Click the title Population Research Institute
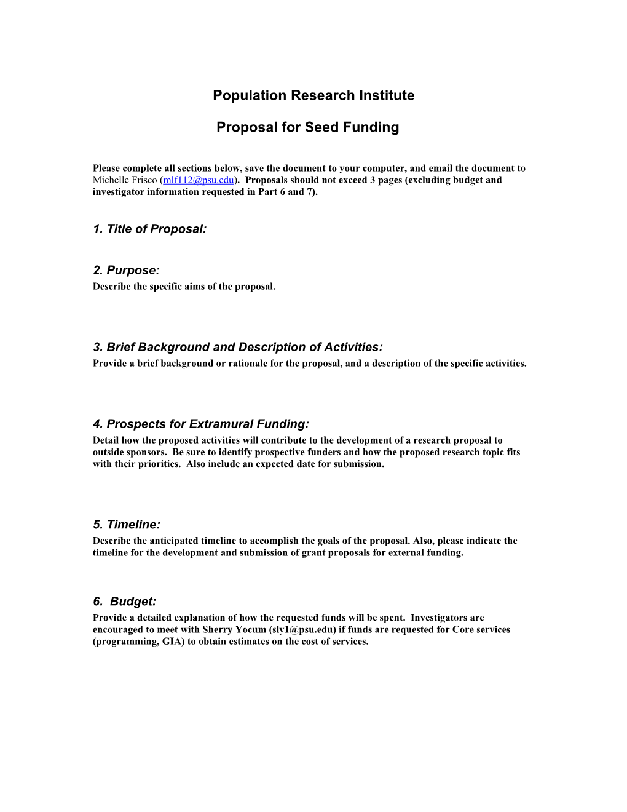point(313,95)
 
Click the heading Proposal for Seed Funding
point(307,127)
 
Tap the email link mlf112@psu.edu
point(199,180)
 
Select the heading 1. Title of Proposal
point(149,229)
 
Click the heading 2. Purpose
point(126,270)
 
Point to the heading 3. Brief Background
point(237,347)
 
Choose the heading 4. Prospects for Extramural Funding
point(200,424)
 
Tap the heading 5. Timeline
point(127,525)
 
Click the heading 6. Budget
point(125,602)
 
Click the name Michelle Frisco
point(125,180)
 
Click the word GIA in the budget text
point(173,642)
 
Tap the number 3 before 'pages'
point(373,180)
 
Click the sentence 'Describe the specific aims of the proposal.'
point(184,287)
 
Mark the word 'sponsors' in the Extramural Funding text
point(146,452)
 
